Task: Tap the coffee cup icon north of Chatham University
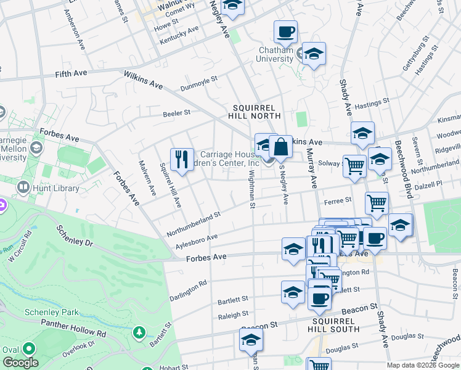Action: (285, 31)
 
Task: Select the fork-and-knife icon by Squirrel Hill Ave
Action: (181, 159)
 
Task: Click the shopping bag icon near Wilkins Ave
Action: (280, 147)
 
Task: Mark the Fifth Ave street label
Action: (71, 73)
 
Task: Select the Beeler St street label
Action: (177, 113)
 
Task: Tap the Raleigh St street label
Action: (233, 316)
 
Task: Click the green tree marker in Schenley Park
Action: (140, 333)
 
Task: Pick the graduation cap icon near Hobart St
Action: (251, 340)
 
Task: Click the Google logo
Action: (21, 363)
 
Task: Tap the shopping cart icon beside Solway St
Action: (354, 165)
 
